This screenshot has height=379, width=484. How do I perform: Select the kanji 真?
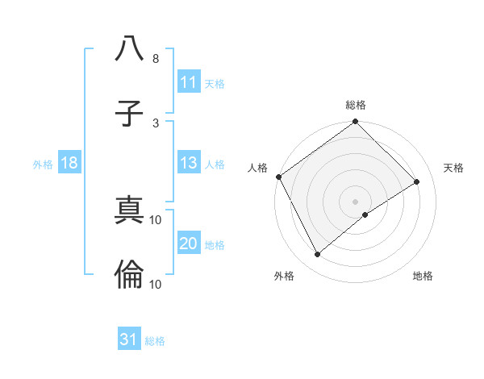coord(129,210)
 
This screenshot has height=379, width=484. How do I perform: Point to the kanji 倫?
coord(129,276)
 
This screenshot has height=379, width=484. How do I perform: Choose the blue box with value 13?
coord(188,163)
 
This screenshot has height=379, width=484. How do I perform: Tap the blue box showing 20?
coord(188,244)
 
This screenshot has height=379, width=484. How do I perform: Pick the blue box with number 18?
coord(69,163)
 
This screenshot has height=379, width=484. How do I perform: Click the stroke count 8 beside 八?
coord(155,59)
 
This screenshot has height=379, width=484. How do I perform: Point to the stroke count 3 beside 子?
coord(155,123)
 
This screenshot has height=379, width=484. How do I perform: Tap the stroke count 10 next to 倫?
coord(156,284)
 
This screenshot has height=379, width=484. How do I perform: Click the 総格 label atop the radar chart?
coord(356,105)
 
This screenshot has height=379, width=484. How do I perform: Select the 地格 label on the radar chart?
coord(423,276)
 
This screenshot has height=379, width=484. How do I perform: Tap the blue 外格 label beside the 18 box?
coord(43,164)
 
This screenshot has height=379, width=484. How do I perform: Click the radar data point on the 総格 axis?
coord(356,123)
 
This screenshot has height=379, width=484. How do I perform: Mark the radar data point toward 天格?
coord(417,182)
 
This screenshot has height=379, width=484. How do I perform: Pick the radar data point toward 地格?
coord(365,214)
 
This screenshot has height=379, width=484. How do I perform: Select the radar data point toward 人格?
coord(278,177)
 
